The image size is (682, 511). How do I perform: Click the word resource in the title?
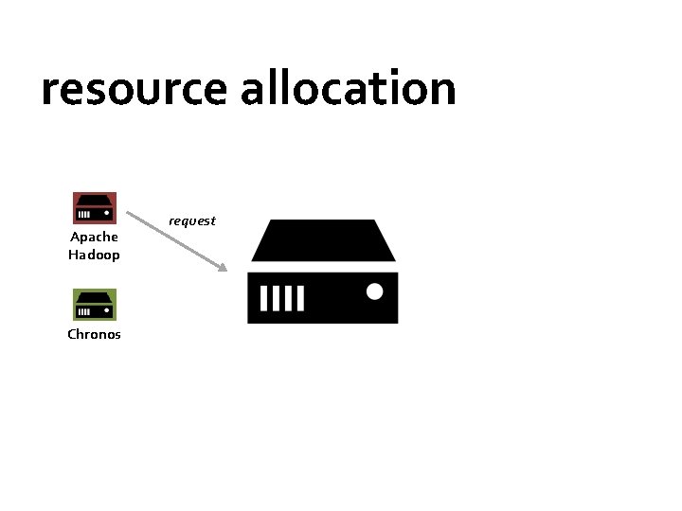[134, 90]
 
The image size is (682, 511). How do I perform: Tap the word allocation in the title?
[348, 88]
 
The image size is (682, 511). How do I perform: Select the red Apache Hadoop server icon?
[95, 208]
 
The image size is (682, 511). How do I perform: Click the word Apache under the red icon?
[94, 237]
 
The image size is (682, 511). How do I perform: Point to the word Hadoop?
[94, 255]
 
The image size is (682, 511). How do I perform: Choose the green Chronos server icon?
[95, 305]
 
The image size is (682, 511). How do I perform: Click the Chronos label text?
[94, 334]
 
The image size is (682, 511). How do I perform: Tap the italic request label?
[192, 220]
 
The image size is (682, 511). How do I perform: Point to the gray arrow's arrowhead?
[223, 268]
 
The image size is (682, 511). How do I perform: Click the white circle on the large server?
[374, 291]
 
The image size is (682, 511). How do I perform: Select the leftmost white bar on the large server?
[263, 299]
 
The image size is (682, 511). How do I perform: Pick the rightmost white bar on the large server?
[300, 299]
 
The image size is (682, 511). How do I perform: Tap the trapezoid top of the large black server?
[323, 240]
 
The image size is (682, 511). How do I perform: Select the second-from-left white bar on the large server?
[276, 299]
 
